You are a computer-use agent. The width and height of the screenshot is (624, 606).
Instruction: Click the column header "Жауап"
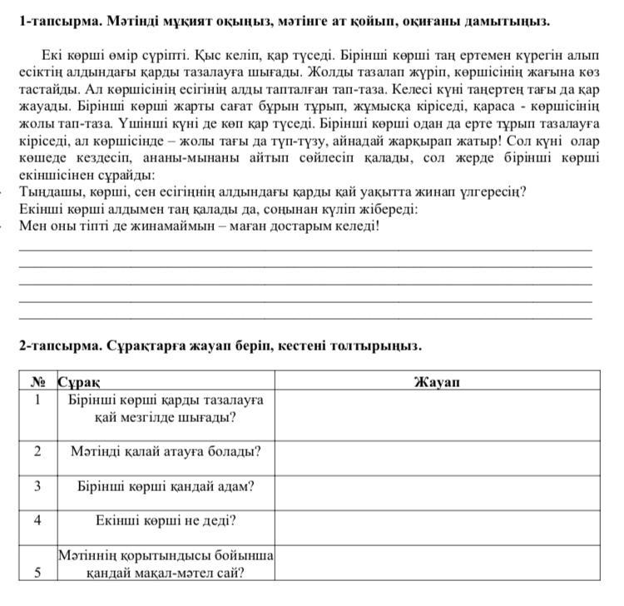(x=437, y=382)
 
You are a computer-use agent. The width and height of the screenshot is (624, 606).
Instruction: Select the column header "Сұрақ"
(x=79, y=382)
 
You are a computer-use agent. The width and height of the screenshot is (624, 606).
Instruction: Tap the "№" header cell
(x=37, y=382)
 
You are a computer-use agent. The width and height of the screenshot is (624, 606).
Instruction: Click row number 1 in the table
(x=37, y=399)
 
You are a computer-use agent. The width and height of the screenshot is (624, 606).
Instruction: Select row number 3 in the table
(x=37, y=485)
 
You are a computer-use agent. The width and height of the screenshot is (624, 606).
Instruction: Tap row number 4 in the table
(x=37, y=520)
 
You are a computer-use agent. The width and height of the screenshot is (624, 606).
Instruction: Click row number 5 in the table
(x=37, y=572)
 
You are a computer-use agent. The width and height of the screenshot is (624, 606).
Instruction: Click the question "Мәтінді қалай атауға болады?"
(x=166, y=451)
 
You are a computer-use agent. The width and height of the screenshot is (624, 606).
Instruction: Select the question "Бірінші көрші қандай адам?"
(x=166, y=486)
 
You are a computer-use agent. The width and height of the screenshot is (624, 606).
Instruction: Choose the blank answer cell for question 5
(x=437, y=563)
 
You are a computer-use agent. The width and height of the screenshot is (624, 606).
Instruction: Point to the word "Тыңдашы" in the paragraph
(x=47, y=192)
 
